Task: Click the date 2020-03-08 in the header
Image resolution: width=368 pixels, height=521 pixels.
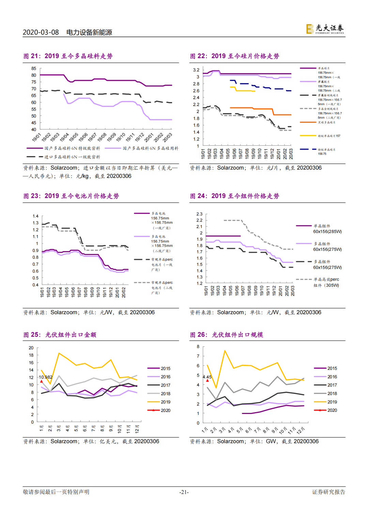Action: click(x=41, y=32)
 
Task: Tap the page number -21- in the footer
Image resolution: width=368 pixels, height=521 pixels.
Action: click(x=184, y=492)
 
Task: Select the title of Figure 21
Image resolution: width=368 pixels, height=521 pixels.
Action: click(x=68, y=56)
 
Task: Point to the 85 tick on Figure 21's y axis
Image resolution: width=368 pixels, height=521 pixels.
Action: click(x=34, y=69)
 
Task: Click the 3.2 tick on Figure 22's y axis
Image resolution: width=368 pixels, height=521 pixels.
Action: click(x=196, y=70)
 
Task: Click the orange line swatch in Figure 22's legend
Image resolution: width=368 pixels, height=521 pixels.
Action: click(x=308, y=122)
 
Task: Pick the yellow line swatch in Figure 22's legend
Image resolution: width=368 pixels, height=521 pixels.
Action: click(x=308, y=136)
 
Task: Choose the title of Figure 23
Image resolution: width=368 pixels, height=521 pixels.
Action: click(x=71, y=196)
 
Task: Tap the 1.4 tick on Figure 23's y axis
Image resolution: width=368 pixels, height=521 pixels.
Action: click(x=35, y=216)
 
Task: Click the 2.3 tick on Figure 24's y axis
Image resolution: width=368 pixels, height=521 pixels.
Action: click(x=199, y=214)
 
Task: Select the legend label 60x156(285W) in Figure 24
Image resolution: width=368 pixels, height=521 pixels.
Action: click(x=327, y=232)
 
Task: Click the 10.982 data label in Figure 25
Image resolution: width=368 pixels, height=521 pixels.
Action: click(x=46, y=377)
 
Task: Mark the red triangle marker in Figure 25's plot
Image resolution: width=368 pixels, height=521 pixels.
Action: click(x=42, y=381)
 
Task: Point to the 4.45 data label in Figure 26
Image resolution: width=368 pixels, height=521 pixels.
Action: click(x=207, y=377)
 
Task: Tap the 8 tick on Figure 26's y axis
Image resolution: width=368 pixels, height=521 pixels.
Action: click(x=198, y=347)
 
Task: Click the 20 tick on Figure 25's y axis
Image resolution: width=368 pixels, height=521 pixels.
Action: click(x=31, y=348)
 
